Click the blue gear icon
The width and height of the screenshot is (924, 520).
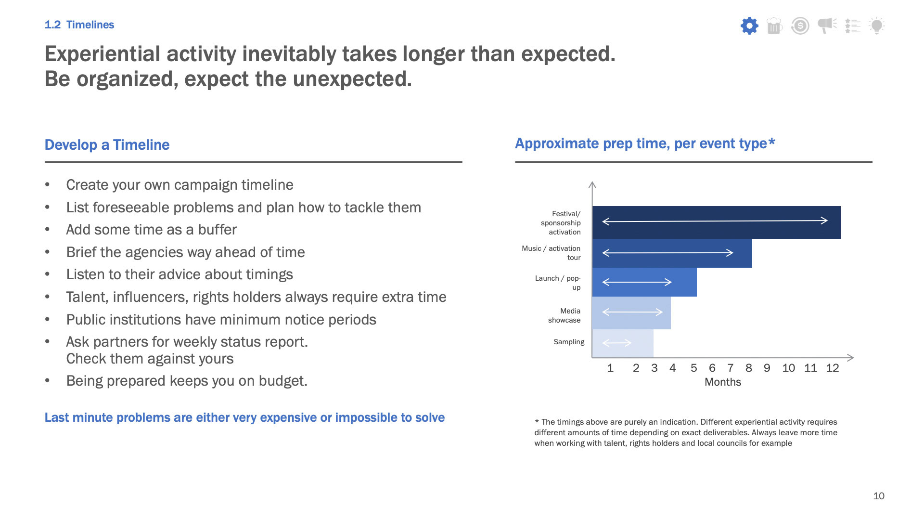coord(749,26)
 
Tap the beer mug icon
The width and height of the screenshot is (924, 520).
coord(774,26)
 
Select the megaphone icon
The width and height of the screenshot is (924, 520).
coord(827,26)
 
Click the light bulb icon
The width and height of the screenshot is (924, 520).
coord(877,26)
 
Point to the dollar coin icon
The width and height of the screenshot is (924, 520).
coord(800,26)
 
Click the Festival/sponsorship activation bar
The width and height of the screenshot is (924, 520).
coord(716,222)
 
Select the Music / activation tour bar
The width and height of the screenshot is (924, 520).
coord(672,253)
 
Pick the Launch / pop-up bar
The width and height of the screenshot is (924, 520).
coord(644,282)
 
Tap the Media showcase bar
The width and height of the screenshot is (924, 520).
coord(631,313)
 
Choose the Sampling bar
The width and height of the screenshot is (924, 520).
coord(622,343)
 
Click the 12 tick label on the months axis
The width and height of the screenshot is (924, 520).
coord(832,368)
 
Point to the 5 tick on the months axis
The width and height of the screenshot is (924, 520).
coord(693,368)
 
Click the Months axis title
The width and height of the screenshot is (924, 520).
coord(722,382)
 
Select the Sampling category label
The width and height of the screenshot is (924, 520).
coord(568,342)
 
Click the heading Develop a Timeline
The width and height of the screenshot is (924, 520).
coord(107,145)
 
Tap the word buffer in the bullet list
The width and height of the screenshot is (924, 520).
coord(217,230)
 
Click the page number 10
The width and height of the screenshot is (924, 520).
coord(878,496)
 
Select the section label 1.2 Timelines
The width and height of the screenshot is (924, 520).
coord(79,25)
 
